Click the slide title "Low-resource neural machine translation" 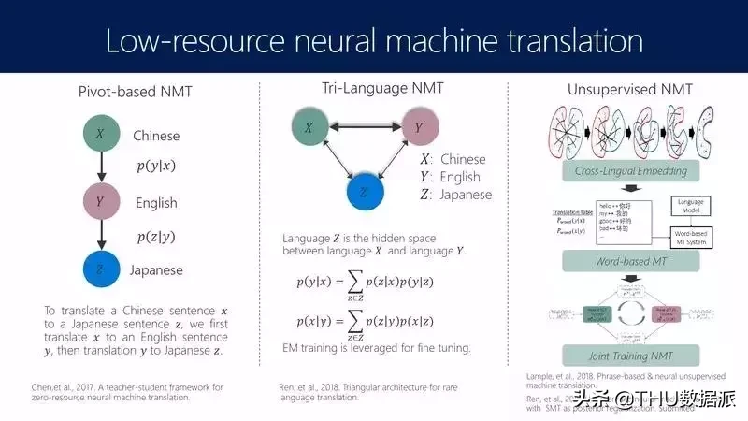click(x=374, y=41)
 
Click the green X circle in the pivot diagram click(x=100, y=135)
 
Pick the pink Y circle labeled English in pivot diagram click(x=100, y=202)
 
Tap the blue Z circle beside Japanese click(x=100, y=270)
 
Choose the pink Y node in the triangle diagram click(x=421, y=127)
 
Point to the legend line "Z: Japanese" click(x=455, y=195)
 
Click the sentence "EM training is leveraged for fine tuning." click(x=377, y=348)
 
